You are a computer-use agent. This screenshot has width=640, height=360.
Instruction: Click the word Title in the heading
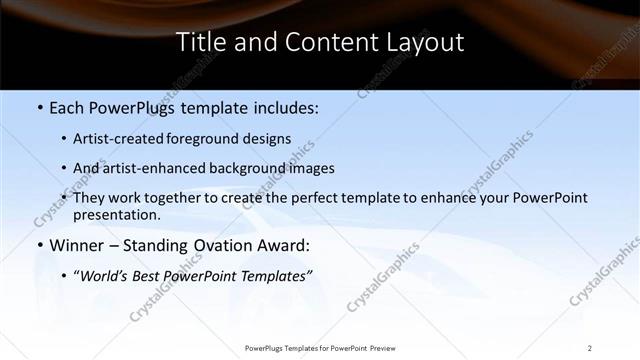pos(197,43)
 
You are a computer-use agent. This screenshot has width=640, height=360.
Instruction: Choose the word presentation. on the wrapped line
pos(116,214)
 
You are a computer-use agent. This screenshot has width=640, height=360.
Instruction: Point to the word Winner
pos(72,244)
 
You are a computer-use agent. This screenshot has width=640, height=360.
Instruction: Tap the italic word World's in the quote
pos(104,274)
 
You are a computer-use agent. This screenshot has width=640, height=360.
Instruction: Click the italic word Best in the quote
pos(147,274)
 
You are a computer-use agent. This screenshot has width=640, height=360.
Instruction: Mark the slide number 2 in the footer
pos(590,347)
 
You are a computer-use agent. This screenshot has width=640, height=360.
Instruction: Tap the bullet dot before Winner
pos(39,244)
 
